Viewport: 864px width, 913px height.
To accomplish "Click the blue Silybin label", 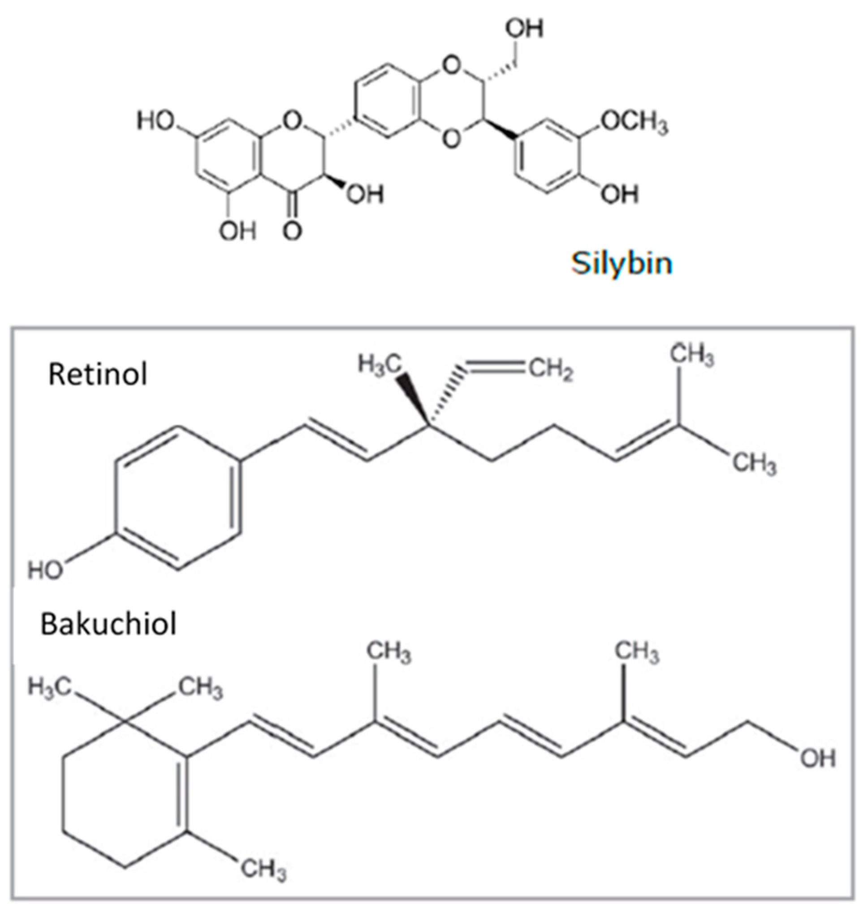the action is click(x=621, y=263).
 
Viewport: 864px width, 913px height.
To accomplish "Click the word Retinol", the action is click(x=98, y=375).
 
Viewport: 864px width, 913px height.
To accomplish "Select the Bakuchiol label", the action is click(x=109, y=625).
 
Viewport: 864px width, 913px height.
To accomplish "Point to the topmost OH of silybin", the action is click(x=524, y=29).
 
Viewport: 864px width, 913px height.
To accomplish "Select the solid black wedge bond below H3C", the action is click(x=411, y=396).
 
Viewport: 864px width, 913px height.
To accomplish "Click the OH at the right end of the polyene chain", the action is click(x=818, y=758).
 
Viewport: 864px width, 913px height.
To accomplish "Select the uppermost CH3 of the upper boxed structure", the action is click(x=692, y=356).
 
